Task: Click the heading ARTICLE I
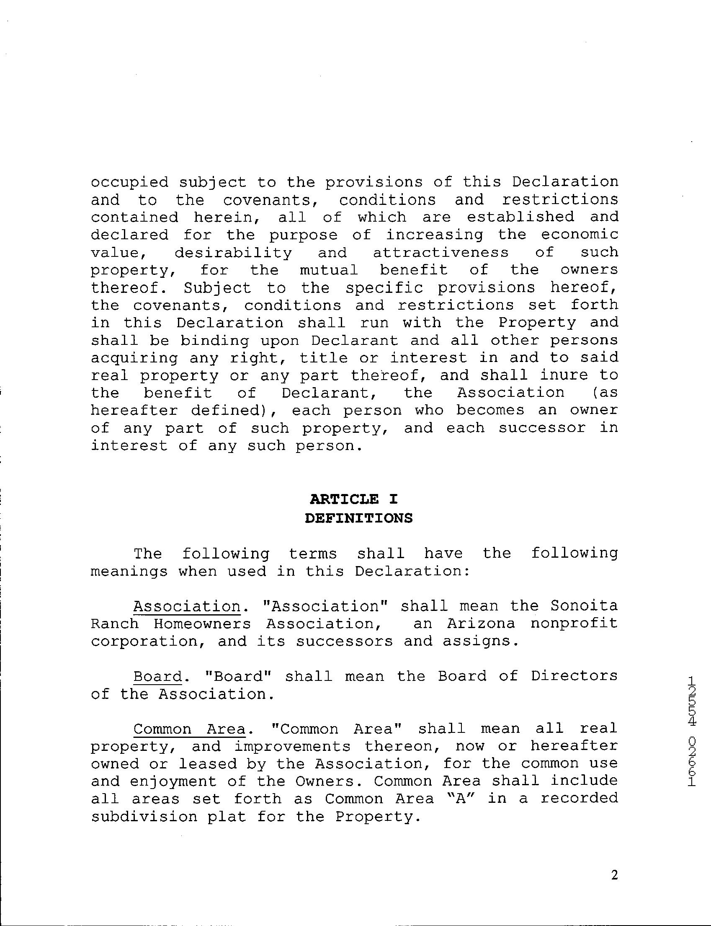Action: click(354, 499)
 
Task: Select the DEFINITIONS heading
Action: click(358, 518)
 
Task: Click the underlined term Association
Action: click(187, 606)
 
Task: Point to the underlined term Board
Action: click(157, 676)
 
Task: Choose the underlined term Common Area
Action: click(189, 729)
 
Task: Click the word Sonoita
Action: click(584, 606)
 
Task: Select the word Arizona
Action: click(481, 623)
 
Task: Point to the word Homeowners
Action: click(202, 623)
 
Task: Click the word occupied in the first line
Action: click(129, 183)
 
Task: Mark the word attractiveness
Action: click(441, 253)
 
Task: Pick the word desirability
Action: click(233, 253)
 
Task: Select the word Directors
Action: click(574, 676)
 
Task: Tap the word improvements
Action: click(292, 747)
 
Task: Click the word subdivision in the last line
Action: click(144, 817)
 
